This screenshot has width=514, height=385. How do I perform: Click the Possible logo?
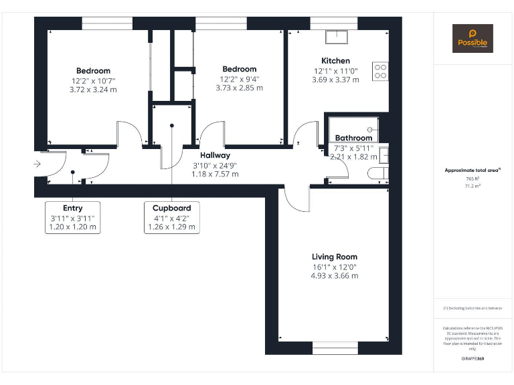[473, 38]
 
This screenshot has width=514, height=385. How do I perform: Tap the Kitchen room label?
[335, 61]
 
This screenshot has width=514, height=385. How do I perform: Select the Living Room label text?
[335, 257]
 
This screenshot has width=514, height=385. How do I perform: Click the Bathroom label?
[353, 138]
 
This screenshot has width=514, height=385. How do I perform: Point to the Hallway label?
[216, 155]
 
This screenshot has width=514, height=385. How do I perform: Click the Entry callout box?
[73, 217]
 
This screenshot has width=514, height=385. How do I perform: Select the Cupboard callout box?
[172, 217]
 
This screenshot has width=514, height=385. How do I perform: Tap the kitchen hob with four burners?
[380, 71]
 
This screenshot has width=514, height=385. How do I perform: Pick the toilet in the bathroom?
[377, 174]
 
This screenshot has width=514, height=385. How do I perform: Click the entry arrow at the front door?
[37, 164]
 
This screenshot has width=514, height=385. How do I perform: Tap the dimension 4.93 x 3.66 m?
[335, 275]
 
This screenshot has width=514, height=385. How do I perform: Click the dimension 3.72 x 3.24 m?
[93, 90]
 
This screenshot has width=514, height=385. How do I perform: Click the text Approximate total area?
[473, 170]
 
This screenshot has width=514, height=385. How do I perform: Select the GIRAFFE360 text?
[473, 359]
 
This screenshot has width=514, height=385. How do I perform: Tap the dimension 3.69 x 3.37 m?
[335, 80]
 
